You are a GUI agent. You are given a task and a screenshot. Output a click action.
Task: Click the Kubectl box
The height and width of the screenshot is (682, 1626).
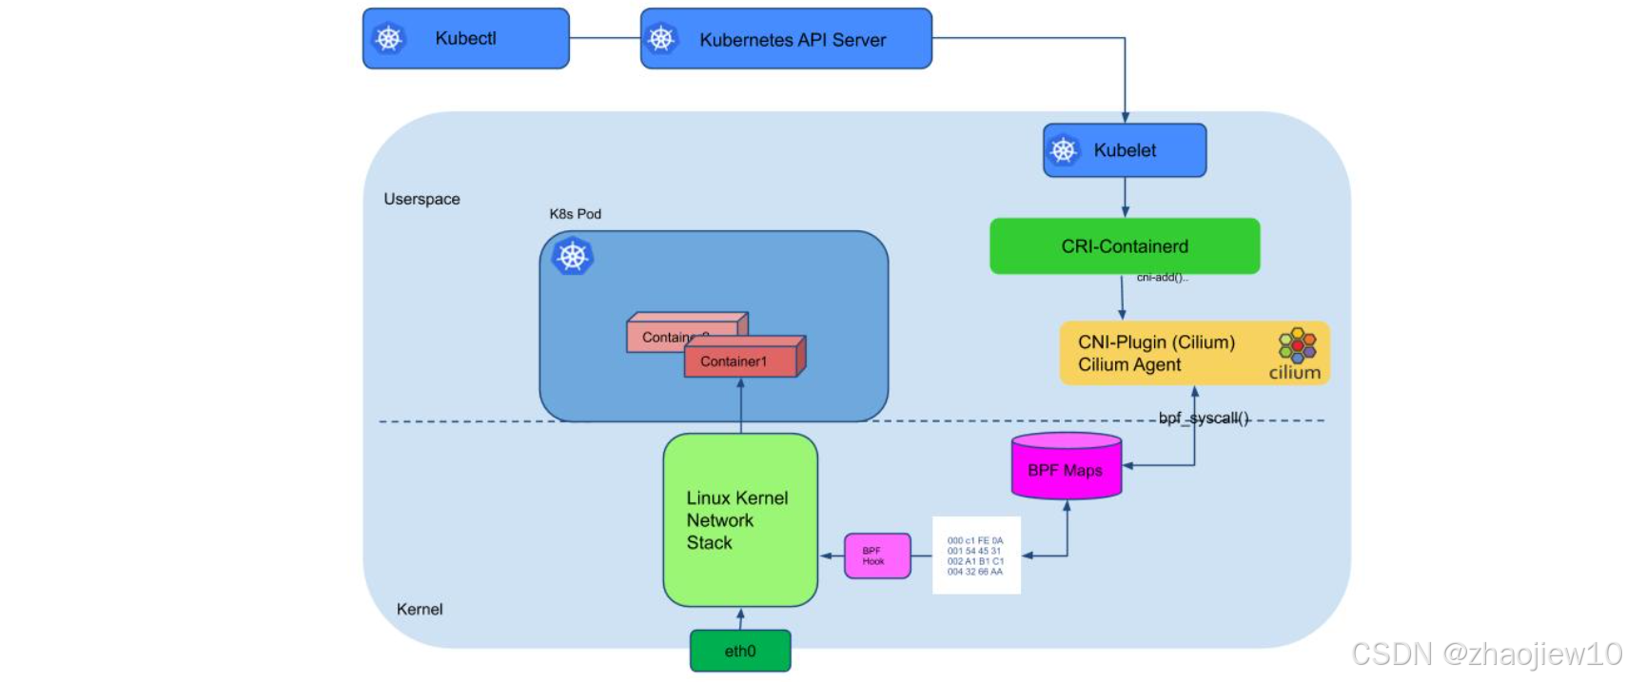(465, 39)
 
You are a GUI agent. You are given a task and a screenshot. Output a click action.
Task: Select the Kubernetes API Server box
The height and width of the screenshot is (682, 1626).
(786, 39)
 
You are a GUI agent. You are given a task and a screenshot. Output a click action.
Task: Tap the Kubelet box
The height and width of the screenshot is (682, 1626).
(1125, 150)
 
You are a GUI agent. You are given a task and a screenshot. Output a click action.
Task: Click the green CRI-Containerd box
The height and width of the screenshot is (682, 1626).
(1125, 246)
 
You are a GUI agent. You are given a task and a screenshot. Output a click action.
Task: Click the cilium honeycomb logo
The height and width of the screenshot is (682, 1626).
(1297, 344)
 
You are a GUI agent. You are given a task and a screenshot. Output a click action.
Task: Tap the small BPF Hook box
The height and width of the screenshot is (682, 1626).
(876, 555)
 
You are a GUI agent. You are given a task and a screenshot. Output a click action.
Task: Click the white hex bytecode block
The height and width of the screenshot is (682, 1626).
(975, 555)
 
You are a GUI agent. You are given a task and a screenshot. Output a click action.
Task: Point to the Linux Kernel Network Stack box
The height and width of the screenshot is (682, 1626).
(739, 520)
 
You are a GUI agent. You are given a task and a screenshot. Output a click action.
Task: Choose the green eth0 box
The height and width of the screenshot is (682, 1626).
(740, 651)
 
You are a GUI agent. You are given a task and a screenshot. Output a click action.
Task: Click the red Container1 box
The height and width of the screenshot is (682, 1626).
(739, 361)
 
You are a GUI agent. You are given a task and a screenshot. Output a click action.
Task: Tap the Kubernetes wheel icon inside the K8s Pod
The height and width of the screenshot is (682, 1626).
(573, 257)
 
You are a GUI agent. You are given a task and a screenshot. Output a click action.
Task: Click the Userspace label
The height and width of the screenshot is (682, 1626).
(421, 199)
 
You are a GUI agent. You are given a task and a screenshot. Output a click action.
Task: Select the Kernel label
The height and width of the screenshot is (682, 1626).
(420, 609)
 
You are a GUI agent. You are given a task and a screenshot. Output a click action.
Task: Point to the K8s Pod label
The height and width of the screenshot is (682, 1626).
(575, 214)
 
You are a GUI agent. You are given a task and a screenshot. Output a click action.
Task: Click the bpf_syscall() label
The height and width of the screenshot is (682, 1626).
(1204, 418)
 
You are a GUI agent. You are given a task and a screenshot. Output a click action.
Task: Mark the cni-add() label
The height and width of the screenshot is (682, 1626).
(1162, 278)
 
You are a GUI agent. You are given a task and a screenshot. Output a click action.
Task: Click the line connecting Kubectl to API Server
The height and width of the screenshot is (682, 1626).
(605, 38)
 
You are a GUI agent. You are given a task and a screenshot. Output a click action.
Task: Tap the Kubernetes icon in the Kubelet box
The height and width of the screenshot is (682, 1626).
(1064, 150)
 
